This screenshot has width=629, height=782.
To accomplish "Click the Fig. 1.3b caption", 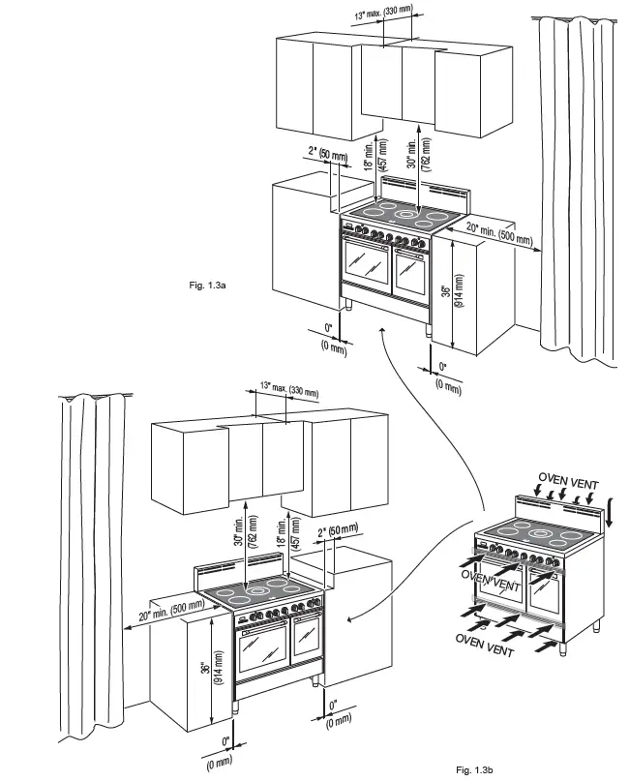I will click(x=474, y=769).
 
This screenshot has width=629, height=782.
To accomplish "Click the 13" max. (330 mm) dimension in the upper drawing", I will click(x=383, y=12).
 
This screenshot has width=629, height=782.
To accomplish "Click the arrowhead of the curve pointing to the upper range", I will click(x=383, y=332).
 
